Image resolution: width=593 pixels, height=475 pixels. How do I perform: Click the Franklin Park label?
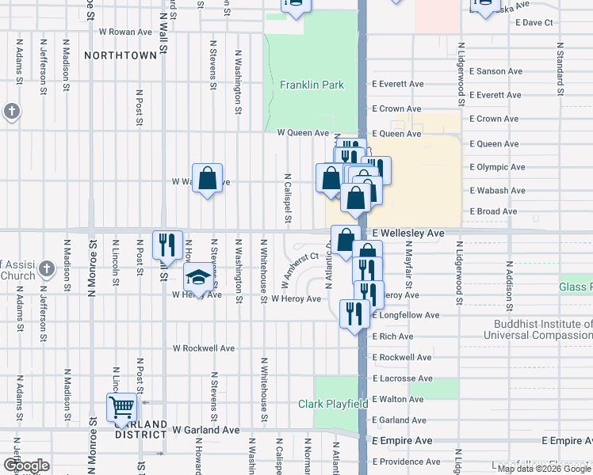click(312, 85)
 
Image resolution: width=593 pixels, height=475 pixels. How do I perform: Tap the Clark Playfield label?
click(332, 404)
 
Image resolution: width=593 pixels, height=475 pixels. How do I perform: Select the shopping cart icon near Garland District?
click(121, 408)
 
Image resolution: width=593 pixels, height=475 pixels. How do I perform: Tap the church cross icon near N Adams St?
click(11, 112)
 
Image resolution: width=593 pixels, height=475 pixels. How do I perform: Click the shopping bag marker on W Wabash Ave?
click(207, 178)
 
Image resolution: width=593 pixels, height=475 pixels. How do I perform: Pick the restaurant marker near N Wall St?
click(167, 244)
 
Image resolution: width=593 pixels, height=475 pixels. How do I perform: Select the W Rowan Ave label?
click(124, 32)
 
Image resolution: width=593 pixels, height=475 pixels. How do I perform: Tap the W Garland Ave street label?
click(205, 430)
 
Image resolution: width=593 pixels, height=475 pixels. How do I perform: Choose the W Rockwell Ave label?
click(204, 348)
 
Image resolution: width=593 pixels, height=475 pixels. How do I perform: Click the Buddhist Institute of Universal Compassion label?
click(542, 329)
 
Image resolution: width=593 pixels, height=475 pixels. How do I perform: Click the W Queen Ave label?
click(302, 133)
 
